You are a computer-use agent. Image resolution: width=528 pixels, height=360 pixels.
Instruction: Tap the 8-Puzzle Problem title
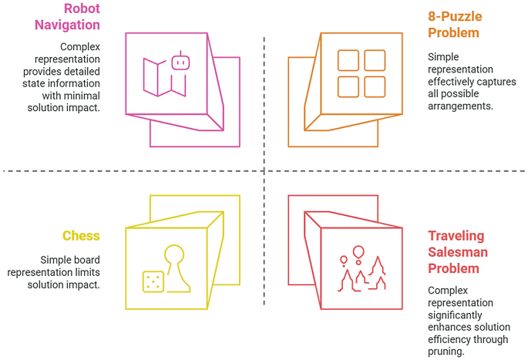(x=454, y=24)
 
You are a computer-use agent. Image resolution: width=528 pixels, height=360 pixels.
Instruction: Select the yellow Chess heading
(x=81, y=235)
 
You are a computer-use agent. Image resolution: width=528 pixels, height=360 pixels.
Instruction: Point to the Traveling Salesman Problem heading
(x=458, y=252)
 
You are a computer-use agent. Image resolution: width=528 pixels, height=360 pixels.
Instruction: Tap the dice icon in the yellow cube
(x=153, y=281)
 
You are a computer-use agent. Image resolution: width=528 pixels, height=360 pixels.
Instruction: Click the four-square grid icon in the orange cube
(x=361, y=73)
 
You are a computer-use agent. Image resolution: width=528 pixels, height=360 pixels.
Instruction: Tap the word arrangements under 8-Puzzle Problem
(x=460, y=106)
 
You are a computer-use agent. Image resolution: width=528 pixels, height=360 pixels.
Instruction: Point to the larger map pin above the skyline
(x=358, y=252)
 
